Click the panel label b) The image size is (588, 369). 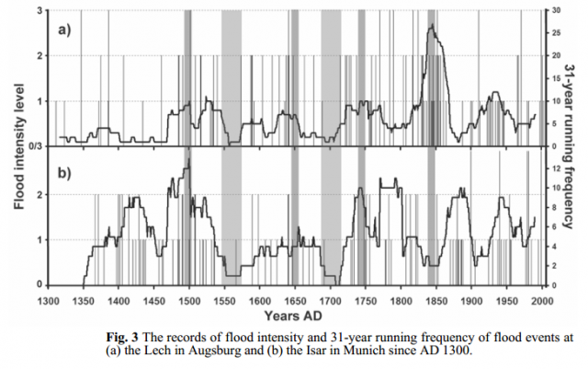(64, 173)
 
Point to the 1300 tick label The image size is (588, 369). (49, 300)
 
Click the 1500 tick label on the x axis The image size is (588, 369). (189, 300)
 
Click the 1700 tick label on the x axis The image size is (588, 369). (330, 300)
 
